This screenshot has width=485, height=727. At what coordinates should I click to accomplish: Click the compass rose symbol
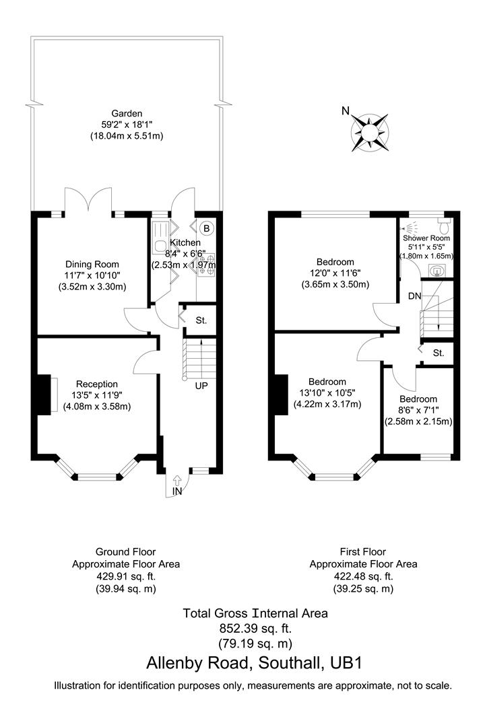370,132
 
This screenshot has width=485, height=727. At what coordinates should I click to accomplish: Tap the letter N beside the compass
346,111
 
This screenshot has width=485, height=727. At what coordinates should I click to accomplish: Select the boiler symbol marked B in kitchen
207,228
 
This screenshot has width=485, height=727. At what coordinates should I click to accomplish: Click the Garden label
127,114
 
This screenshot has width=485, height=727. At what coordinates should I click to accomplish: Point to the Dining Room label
92,264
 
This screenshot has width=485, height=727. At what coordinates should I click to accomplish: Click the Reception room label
97,384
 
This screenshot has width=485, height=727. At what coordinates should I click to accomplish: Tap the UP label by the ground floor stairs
201,386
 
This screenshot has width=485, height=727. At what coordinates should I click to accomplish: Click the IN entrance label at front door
178,492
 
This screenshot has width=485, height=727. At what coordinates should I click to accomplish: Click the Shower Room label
426,238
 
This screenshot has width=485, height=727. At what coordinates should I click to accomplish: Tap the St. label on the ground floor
201,320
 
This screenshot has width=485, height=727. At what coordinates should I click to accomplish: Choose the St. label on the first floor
439,352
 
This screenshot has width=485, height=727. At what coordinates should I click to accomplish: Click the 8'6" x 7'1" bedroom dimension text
417,410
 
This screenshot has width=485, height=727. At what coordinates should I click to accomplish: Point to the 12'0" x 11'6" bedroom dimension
334,273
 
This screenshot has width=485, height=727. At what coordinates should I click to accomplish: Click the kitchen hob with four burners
207,263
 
